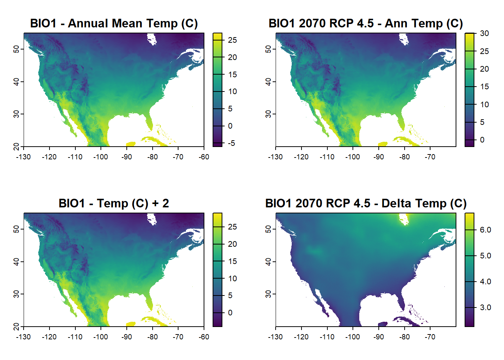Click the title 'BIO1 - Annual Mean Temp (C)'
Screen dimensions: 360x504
click(x=114, y=23)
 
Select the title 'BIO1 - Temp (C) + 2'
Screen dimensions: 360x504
click(x=114, y=203)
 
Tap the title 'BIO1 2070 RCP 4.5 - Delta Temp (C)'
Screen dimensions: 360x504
click(x=366, y=203)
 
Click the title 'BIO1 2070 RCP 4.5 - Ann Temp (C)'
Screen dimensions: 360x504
click(x=366, y=23)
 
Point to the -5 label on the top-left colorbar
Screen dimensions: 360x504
click(x=231, y=143)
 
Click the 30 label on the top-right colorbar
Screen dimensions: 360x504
click(x=484, y=33)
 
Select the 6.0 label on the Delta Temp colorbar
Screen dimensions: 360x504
click(x=485, y=230)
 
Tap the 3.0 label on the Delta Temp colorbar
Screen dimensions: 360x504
click(x=485, y=307)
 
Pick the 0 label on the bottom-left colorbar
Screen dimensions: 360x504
click(x=230, y=313)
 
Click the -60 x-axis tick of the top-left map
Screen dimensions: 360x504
click(x=204, y=157)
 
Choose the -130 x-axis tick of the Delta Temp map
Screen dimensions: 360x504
click(x=276, y=337)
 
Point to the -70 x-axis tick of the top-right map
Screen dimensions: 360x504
click(x=430, y=157)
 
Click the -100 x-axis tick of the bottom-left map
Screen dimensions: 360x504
click(x=101, y=337)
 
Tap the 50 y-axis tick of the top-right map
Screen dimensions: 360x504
click(x=268, y=49)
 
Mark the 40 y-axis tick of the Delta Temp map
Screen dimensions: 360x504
click(x=268, y=261)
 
